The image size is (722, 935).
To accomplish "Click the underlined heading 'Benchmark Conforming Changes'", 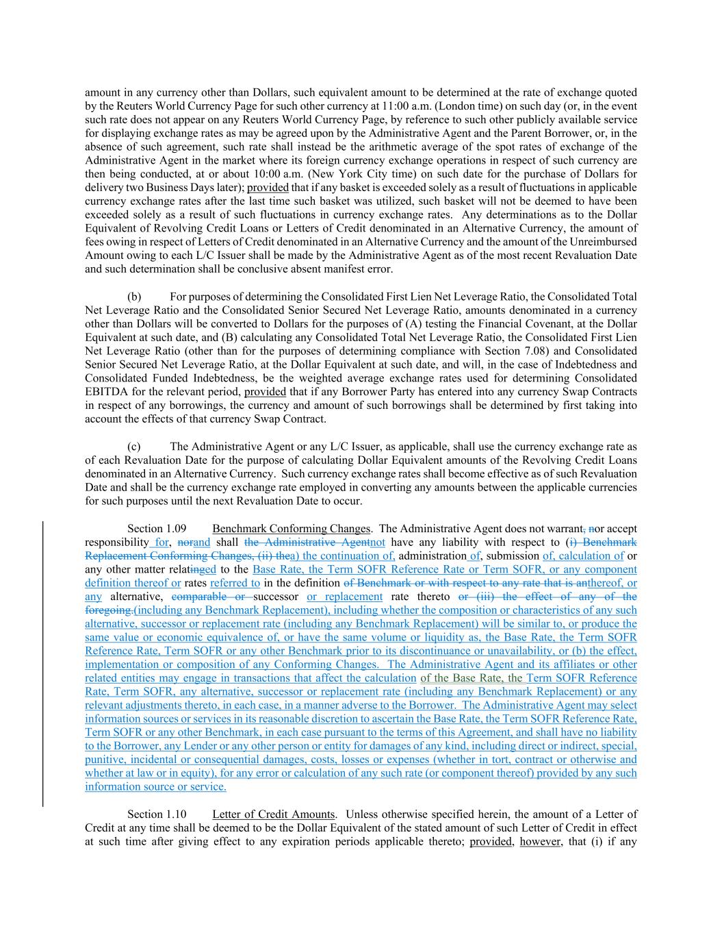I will point(292,529).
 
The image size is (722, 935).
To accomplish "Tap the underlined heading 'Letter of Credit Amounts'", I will point(274,814).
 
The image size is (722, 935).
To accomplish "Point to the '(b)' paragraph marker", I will point(134,297).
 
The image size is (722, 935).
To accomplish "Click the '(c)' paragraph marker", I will point(134,447).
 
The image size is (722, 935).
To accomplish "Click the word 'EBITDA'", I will point(105,392).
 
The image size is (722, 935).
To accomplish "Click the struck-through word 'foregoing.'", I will point(109,610).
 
